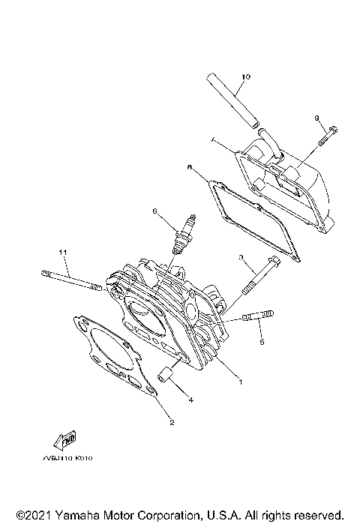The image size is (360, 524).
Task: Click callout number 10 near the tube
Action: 246,77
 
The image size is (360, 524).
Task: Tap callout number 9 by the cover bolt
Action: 317,118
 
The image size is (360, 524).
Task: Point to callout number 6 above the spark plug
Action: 156,212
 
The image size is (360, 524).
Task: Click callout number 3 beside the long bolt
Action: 241,257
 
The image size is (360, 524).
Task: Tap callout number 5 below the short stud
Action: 262,342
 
